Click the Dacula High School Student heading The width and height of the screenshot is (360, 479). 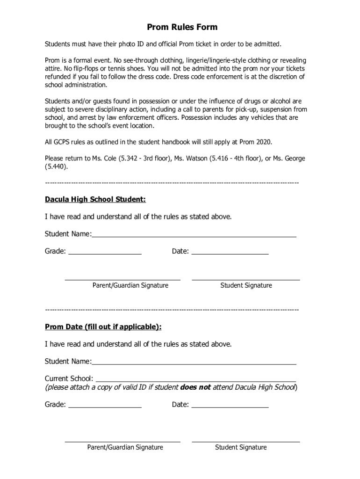coord(95,199)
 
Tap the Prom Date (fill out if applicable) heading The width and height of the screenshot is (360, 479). coord(103,327)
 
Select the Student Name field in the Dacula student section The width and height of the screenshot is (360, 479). coord(194,233)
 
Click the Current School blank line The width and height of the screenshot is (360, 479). coord(195,378)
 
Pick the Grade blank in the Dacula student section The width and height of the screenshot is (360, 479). coord(105,251)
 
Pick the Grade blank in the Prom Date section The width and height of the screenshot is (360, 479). coord(105,404)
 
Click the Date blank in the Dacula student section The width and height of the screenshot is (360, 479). coord(230,251)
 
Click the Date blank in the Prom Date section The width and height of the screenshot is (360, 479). coord(230,404)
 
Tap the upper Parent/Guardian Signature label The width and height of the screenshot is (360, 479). coord(130,285)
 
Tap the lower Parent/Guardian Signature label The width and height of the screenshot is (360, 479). coord(125,447)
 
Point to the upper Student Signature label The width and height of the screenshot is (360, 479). coord(246,285)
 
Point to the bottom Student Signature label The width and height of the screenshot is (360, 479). coord(241,447)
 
